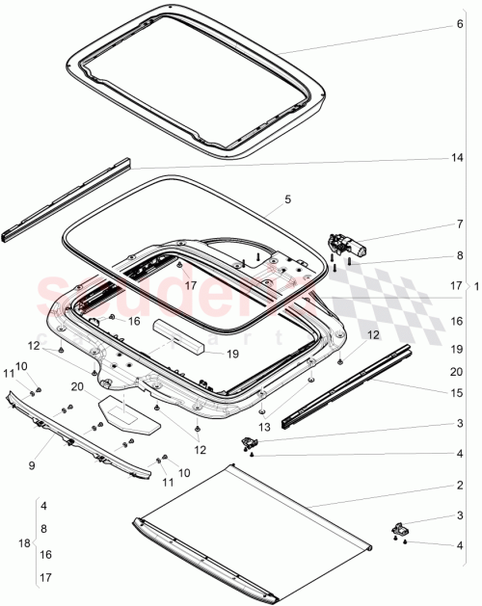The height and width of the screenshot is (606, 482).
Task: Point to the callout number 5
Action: click(x=286, y=200)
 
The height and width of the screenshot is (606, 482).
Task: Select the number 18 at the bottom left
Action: click(x=25, y=543)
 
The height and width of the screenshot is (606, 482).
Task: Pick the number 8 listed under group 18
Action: click(x=43, y=529)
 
